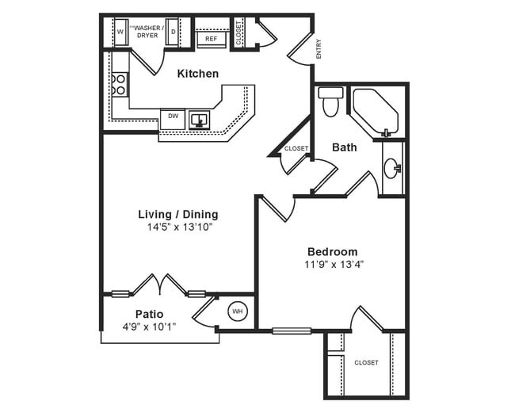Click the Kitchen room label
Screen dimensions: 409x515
(197, 74)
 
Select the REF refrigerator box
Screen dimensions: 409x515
(211, 38)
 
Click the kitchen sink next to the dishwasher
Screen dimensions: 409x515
(199, 119)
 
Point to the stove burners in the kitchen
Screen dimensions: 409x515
(120, 85)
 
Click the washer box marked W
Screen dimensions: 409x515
(120, 32)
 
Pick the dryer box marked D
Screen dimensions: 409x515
(172, 33)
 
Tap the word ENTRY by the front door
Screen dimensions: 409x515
(319, 49)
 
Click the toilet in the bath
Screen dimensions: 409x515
(330, 101)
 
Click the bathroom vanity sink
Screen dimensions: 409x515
(392, 167)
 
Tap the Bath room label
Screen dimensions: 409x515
(344, 147)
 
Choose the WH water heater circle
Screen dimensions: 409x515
(238, 312)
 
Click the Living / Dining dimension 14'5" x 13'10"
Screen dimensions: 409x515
(177, 227)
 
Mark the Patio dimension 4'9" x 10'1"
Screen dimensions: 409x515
(149, 326)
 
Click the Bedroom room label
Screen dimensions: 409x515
(333, 251)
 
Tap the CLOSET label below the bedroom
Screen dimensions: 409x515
(366, 362)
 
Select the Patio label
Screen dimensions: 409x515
(149, 314)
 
